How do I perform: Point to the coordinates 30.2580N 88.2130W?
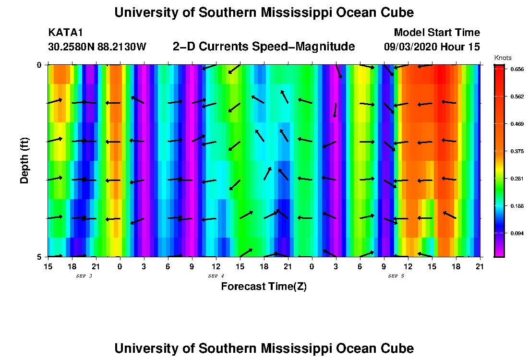(x=97, y=47)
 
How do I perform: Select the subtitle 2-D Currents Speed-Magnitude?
(x=264, y=47)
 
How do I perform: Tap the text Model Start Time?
(x=436, y=33)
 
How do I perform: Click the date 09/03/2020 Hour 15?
(x=432, y=47)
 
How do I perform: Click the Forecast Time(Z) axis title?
(x=264, y=287)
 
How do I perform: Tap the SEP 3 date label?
(x=84, y=276)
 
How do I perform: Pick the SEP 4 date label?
(x=216, y=276)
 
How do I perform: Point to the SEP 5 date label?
(x=396, y=276)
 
